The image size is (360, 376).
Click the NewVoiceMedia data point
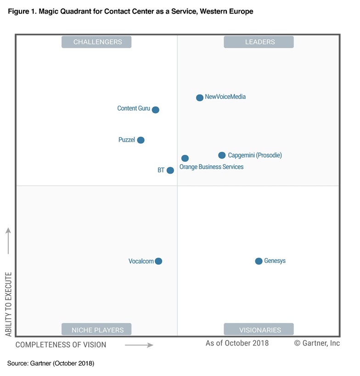tap(200, 97)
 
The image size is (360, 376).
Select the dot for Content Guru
tap(156, 110)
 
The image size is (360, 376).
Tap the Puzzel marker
tap(141, 140)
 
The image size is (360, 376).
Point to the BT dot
tap(170, 171)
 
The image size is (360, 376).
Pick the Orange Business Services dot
tap(185, 158)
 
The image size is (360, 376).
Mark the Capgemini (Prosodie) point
tap(222, 155)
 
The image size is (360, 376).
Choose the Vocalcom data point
tap(158, 261)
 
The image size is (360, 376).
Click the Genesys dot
tap(259, 261)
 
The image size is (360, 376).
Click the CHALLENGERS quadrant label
tap(97, 42)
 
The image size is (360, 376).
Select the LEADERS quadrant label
tap(259, 42)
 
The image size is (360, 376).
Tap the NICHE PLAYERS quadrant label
tap(97, 330)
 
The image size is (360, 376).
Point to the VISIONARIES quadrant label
tap(259, 330)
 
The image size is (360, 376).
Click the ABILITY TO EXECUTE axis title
tap(8, 304)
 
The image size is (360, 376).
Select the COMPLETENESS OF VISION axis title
tap(61, 345)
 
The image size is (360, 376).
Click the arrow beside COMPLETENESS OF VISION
tap(139, 345)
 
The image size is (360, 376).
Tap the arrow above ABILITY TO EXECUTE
tap(8, 240)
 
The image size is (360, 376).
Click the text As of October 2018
tap(237, 343)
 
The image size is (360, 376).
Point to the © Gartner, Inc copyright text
tap(317, 343)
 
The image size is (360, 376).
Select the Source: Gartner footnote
tap(51, 364)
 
